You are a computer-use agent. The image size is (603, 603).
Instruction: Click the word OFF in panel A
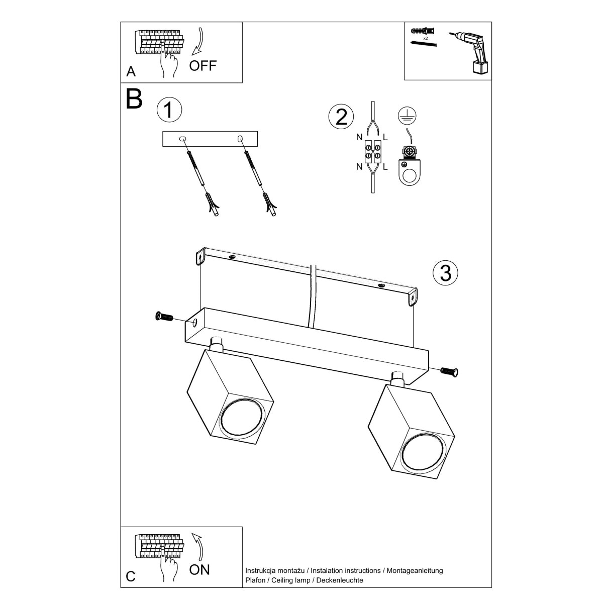[x=203, y=65]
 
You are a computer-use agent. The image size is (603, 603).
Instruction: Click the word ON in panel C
[x=199, y=569]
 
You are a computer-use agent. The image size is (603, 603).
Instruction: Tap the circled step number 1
[x=169, y=110]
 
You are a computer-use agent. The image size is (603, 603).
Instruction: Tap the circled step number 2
[x=341, y=117]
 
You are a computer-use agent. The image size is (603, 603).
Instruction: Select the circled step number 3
[x=446, y=273]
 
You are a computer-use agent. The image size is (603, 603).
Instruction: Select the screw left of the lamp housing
[x=164, y=317]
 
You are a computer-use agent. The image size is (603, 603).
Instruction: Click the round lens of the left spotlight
[x=242, y=417]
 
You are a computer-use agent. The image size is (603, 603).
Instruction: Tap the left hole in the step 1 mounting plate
[x=182, y=138]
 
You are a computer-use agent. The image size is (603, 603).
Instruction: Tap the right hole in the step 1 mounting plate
[x=240, y=138]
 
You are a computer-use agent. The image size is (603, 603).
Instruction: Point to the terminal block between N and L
[x=372, y=152]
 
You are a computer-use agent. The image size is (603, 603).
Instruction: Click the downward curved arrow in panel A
[x=199, y=42]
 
